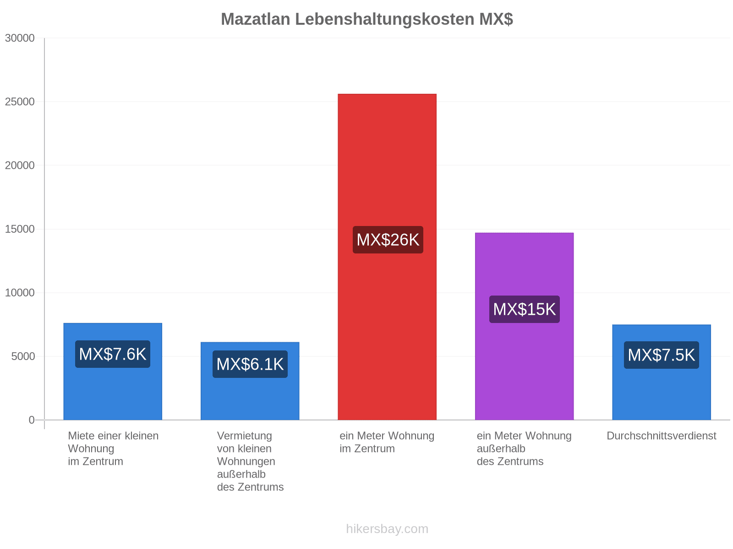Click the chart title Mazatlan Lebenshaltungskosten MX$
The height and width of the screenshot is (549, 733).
pos(366,19)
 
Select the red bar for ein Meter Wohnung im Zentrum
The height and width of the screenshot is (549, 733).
pos(387,257)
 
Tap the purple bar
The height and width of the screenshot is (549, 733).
pos(524,326)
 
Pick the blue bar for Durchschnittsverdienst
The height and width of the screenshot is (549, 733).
pos(662,372)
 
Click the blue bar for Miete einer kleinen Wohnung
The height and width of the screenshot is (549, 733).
pos(113,371)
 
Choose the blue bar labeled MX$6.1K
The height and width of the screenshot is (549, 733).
pos(250,381)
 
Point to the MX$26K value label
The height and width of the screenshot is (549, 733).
pos(388,240)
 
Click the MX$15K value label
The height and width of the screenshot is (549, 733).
pos(524,309)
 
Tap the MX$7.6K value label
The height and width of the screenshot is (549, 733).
pos(113,354)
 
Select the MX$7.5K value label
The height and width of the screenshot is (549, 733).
pos(661,355)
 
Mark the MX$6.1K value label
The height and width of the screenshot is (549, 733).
pos(250,364)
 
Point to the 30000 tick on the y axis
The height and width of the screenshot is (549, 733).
pos(20,38)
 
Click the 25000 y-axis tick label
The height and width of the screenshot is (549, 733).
pos(20,102)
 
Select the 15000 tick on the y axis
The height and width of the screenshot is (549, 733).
pos(20,229)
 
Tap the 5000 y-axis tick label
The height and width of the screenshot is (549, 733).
pos(23,356)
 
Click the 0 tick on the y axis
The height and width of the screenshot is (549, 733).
pos(32,420)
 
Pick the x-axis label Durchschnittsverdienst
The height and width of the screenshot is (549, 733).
pos(661,436)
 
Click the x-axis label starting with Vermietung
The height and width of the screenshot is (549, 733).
pos(250,461)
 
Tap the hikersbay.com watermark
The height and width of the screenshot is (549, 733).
pos(387,529)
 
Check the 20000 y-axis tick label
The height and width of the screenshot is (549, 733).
pos(20,165)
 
